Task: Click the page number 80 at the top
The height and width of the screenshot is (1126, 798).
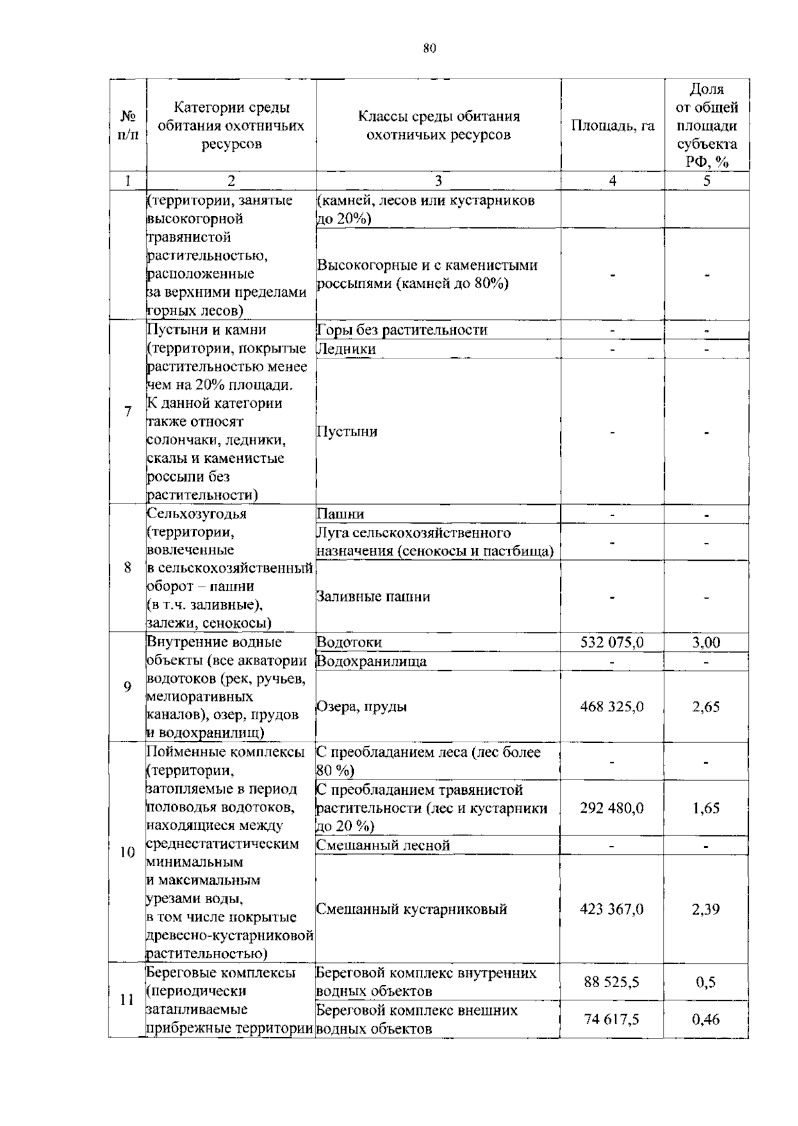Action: pos(429,48)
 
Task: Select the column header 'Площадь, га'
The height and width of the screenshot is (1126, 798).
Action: pos(612,126)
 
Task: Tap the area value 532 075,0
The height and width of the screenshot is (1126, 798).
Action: pos(612,642)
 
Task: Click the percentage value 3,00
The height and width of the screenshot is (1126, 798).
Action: pos(706,642)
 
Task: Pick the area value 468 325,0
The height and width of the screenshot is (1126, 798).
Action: pos(612,706)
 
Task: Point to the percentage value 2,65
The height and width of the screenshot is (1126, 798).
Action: pos(706,706)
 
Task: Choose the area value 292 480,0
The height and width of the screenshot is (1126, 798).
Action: pos(612,808)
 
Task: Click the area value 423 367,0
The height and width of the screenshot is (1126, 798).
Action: pos(612,909)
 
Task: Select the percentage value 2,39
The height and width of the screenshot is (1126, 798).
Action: pos(706,909)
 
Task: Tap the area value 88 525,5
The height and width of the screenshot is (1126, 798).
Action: pos(612,982)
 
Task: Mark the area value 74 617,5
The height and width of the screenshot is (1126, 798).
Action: pos(612,1019)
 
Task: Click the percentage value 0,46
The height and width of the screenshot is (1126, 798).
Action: pos(706,1019)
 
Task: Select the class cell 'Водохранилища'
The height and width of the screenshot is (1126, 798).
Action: pos(371,661)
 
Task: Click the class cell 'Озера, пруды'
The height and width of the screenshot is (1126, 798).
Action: pos(362,706)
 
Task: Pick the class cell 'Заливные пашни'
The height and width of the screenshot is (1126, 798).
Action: pos(373,597)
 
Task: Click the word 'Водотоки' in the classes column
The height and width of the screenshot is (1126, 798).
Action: pos(349,642)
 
